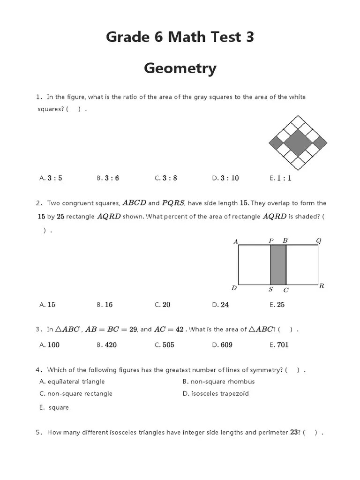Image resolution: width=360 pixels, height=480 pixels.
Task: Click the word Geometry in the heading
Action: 180,68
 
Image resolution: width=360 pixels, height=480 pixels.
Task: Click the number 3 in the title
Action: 249,37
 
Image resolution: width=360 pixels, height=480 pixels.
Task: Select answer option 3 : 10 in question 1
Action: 230,178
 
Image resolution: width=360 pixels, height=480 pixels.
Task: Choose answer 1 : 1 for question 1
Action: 284,178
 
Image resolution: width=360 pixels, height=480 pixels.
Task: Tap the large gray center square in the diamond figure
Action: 298,142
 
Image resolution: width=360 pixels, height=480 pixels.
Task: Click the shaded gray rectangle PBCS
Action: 278,264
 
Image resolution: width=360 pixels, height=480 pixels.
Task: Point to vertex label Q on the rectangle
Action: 319,241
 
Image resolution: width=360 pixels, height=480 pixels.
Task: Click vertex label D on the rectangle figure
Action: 234,288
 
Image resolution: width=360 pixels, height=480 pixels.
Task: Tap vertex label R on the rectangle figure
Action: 322,286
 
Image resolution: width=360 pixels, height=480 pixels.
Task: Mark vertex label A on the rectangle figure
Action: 236,242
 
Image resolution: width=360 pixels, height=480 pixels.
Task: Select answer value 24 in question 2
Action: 225,305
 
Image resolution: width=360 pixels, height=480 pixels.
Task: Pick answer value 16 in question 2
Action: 109,305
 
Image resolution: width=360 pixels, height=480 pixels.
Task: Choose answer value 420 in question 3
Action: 111,345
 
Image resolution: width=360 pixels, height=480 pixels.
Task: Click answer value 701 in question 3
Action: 283,345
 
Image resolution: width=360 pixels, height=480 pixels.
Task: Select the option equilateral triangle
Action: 76,382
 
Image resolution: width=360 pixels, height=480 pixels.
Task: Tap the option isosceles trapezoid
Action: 220,394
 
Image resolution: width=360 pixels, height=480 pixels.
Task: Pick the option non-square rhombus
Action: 222,382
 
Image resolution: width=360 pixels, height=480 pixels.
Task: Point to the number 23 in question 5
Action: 294,433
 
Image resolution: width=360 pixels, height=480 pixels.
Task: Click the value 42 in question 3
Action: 179,330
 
